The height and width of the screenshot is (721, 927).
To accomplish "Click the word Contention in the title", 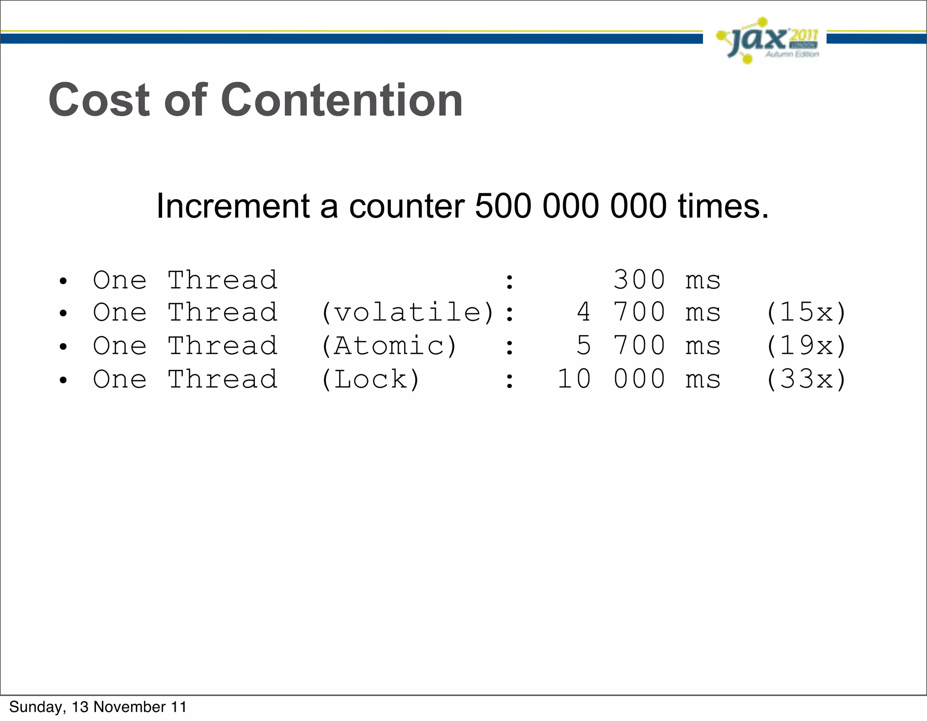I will pos(342,100).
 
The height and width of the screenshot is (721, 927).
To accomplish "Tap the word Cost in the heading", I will pos(99,100).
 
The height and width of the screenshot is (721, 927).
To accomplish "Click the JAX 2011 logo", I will pos(767,40).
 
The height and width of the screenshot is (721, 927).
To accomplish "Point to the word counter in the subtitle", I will pos(406,206).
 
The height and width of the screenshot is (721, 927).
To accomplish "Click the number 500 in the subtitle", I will pos(503,206).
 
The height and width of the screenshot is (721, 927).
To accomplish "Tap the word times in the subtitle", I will pos(723,206).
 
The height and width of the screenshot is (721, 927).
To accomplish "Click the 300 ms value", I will pos(666,280).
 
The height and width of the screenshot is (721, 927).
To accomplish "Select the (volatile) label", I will pos(407,312).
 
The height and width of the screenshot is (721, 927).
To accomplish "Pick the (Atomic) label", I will pos(389,346).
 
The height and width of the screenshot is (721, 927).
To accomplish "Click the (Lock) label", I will pos(370,379).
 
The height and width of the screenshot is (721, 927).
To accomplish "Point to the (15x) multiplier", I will pos(806,312).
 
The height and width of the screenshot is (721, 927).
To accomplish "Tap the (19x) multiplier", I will pos(806,346).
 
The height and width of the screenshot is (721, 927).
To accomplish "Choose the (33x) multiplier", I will pos(806,379).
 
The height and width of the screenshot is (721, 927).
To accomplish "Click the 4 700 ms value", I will pos(648,312).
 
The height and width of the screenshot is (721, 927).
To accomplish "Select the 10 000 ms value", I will pos(639,379).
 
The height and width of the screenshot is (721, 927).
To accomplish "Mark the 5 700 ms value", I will pos(648,346).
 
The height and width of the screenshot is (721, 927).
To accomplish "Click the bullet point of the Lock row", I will pos(63,380).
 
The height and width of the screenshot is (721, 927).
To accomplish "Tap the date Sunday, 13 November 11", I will pos(98,707).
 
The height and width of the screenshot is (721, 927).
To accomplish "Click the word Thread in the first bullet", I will pos(222,280).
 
